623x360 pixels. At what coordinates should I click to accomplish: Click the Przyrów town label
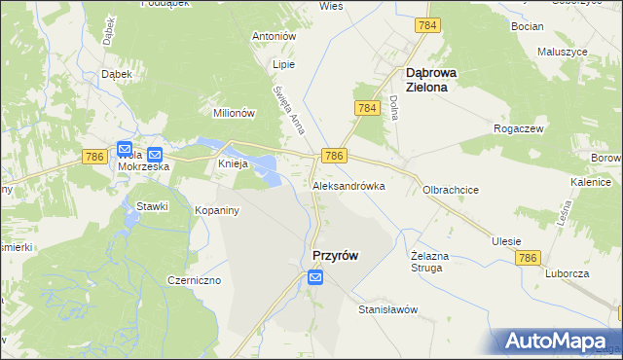pyautogui.click(x=334, y=256)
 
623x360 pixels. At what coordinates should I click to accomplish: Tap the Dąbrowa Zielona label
pyautogui.click(x=437, y=79)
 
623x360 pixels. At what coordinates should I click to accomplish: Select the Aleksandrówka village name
pyautogui.click(x=348, y=186)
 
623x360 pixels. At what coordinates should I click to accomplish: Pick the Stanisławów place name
pyautogui.click(x=387, y=310)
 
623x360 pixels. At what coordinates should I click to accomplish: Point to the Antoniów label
pyautogui.click(x=273, y=36)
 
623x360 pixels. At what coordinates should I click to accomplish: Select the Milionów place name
pyautogui.click(x=234, y=113)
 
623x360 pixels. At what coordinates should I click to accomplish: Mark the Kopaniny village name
pyautogui.click(x=217, y=210)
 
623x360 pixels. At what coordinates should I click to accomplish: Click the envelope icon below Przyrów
pyautogui.click(x=315, y=278)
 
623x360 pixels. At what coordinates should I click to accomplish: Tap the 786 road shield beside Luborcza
pyautogui.click(x=529, y=258)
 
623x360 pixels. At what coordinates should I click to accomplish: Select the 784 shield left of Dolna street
pyautogui.click(x=367, y=108)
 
